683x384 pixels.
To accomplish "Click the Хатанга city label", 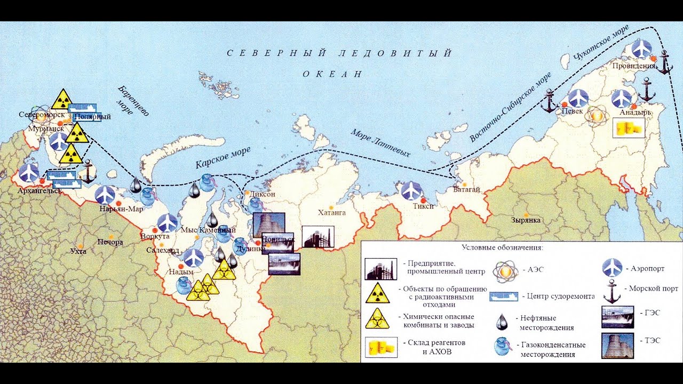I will (332, 212).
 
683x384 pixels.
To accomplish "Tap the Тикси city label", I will (423, 206).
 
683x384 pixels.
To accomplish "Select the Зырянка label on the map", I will (526, 220).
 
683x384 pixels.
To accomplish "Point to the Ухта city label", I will (78, 251).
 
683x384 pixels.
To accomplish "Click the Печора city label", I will (110, 242).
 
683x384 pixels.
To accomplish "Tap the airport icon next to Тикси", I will (411, 191).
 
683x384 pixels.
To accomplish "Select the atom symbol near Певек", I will (597, 116).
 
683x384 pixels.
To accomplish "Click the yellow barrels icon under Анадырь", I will (629, 128).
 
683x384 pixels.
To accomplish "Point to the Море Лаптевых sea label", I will (380, 143).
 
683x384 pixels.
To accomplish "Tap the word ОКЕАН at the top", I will (332, 74).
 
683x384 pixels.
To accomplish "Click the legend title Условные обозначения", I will (502, 247).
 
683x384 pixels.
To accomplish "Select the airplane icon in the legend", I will (613, 268).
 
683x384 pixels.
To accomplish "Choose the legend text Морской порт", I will (653, 289).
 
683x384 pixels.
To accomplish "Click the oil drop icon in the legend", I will (502, 321).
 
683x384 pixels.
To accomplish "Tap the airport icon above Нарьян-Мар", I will (106, 195).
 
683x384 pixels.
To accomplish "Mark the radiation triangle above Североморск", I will (62, 99).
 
